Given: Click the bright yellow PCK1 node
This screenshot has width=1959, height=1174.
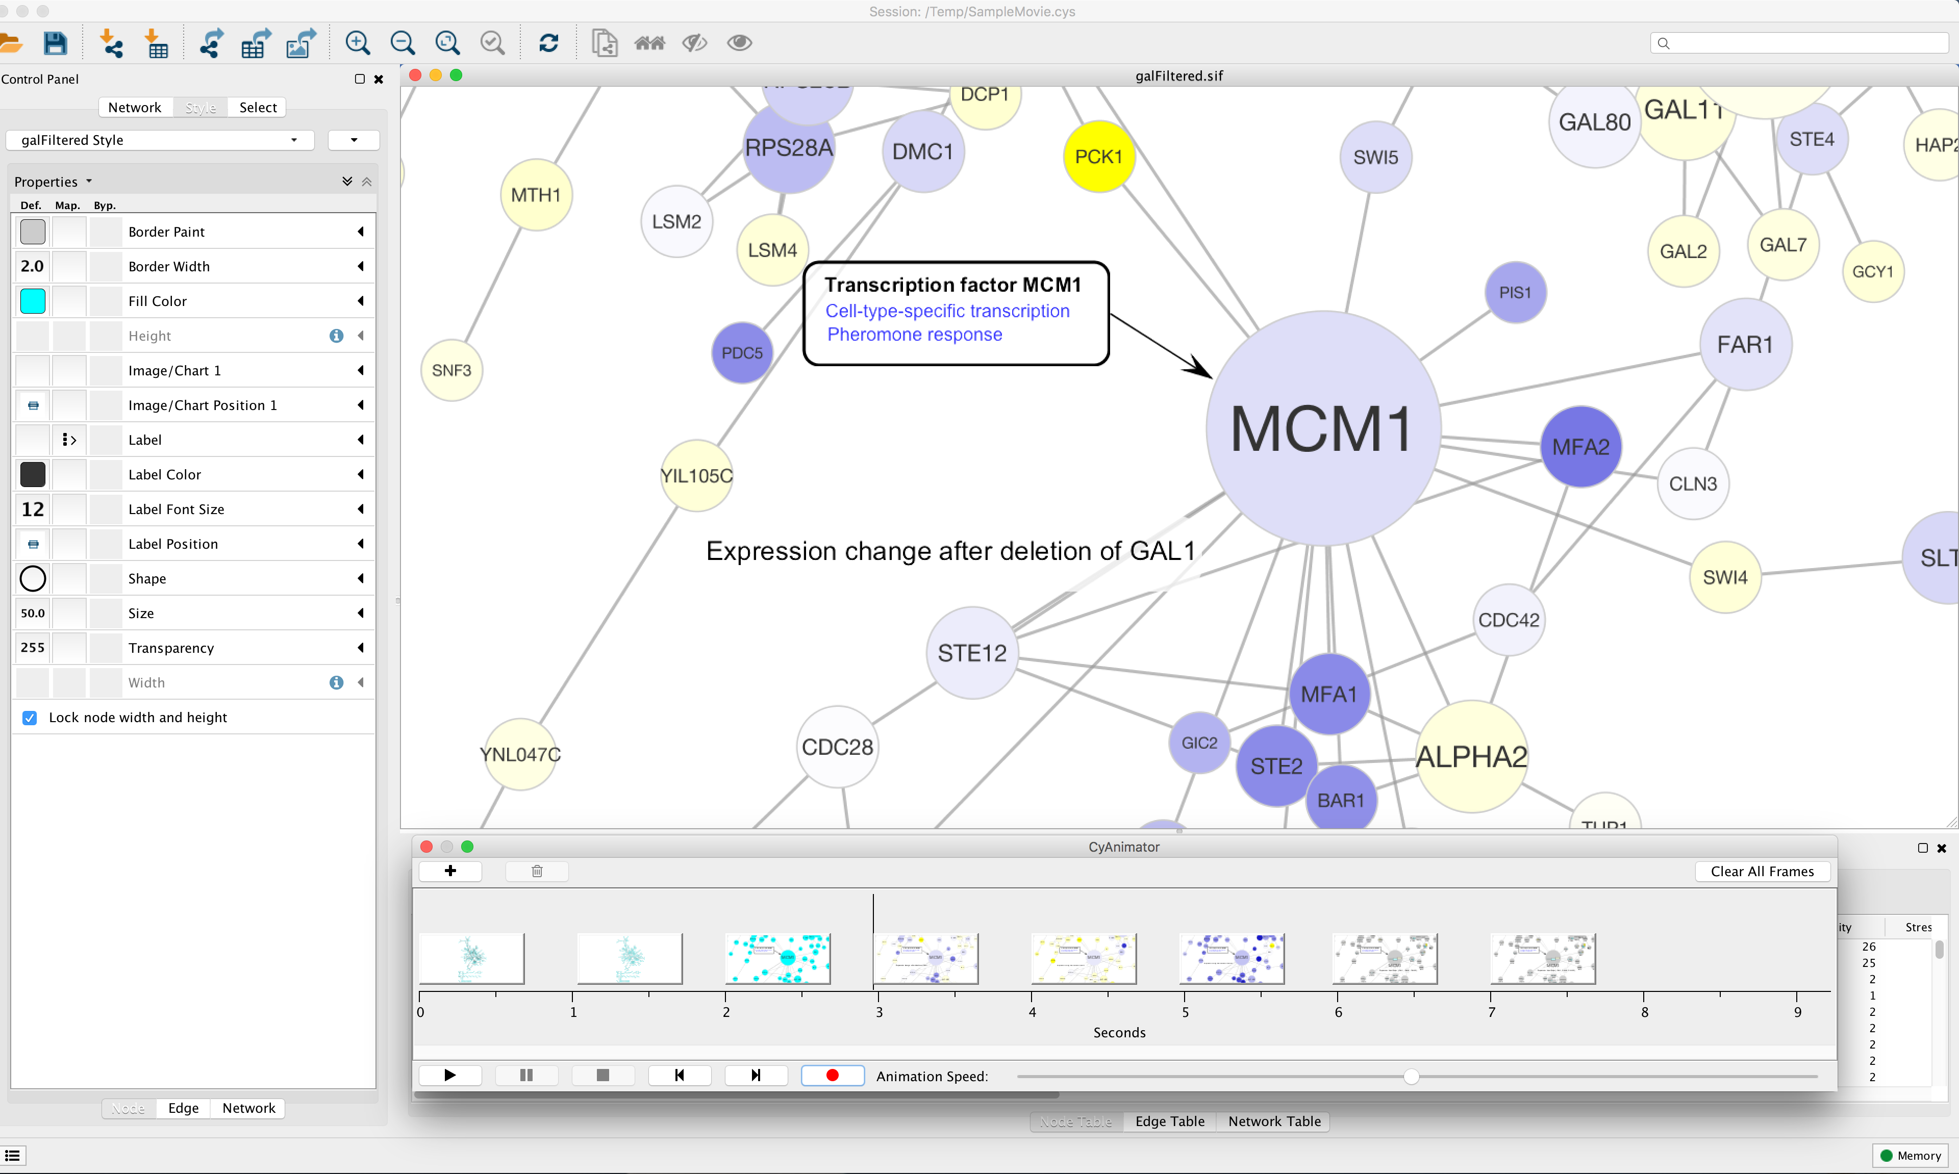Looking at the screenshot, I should point(1098,157).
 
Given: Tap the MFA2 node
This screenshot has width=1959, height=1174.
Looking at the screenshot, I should point(1580,447).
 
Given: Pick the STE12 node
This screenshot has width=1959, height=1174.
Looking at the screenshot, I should point(971,653).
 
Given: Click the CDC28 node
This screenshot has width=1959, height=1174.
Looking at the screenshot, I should point(837,747).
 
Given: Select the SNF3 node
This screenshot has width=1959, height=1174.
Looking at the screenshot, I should point(451,370).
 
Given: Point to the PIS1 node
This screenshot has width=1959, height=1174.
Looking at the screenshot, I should point(1514,293).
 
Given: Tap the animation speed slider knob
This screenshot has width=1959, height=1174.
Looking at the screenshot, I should point(1411,1076).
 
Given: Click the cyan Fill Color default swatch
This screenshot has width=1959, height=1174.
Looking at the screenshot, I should point(33,300).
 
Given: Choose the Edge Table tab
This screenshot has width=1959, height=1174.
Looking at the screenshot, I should point(1169,1121).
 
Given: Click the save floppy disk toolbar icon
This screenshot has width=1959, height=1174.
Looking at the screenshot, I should point(55,43).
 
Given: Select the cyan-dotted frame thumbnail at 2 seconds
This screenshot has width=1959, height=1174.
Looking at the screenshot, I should point(778,958).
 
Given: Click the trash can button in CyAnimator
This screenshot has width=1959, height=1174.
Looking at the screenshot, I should point(537,871).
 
